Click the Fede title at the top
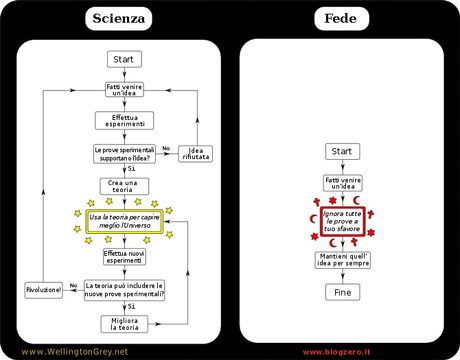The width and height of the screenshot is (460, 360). [x=339, y=18]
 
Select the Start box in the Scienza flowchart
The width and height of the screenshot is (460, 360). [x=123, y=60]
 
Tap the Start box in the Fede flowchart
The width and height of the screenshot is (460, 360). [x=339, y=151]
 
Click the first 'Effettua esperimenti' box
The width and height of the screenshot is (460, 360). [x=123, y=120]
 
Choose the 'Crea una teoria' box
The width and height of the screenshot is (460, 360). [x=123, y=186]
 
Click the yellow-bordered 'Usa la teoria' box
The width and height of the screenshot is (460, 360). [x=123, y=221]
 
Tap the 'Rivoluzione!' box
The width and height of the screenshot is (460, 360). [x=43, y=289]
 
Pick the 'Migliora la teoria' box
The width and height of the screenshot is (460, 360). [x=123, y=322]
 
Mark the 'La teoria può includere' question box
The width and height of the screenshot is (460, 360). [x=123, y=289]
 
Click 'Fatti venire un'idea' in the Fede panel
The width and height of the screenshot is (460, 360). [x=339, y=183]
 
